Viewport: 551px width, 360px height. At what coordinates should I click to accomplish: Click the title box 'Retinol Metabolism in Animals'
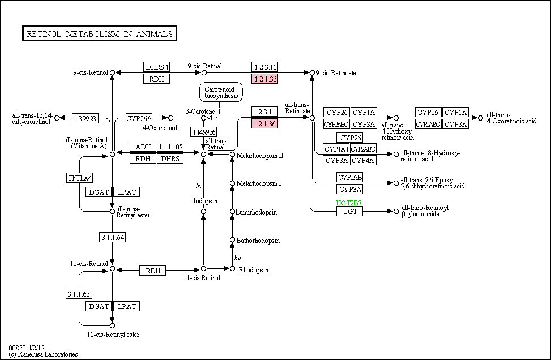(x=100, y=33)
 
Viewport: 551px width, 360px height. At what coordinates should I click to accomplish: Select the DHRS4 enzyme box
(x=156, y=67)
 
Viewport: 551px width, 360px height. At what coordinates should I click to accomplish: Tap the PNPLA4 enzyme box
(x=80, y=178)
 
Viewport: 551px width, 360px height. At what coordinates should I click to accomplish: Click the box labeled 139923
(x=85, y=118)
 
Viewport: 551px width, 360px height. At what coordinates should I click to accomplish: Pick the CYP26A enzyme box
(x=139, y=118)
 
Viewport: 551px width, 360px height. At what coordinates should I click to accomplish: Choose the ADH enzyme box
(x=143, y=147)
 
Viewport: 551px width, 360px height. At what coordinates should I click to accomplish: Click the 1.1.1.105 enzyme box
(x=170, y=147)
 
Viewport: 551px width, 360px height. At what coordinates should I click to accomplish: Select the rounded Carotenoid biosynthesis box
(x=221, y=92)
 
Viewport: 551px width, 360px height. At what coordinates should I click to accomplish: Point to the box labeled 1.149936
(x=203, y=132)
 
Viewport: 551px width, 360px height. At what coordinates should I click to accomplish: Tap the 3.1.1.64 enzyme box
(x=113, y=237)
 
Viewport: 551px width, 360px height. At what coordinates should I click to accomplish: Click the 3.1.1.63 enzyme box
(x=79, y=294)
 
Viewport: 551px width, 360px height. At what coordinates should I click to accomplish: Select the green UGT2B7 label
(x=349, y=203)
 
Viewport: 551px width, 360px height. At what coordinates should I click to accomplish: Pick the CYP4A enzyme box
(x=364, y=160)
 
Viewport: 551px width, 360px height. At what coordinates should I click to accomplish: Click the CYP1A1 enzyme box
(x=336, y=149)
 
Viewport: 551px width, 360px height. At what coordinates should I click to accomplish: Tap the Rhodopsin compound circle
(x=232, y=269)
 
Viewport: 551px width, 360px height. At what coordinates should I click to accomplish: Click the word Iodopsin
(x=206, y=201)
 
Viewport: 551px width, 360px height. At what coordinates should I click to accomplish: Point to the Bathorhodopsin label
(x=258, y=241)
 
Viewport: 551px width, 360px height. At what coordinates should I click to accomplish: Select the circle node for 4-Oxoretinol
(x=171, y=118)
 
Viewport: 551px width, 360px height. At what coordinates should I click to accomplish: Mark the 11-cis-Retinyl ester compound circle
(x=113, y=325)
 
